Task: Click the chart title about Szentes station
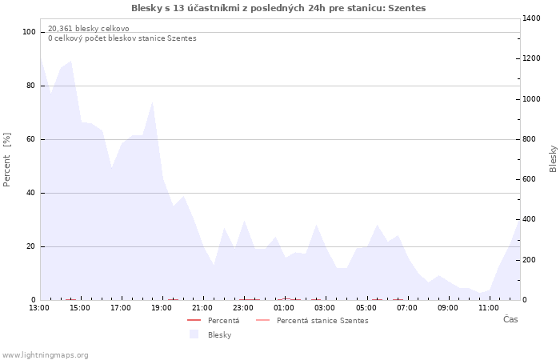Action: click(x=278, y=8)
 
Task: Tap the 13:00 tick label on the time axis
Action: click(x=39, y=307)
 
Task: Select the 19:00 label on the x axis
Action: click(x=162, y=307)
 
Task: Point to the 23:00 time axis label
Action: click(x=243, y=307)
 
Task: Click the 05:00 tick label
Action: click(x=366, y=307)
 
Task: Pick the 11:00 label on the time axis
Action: click(x=488, y=307)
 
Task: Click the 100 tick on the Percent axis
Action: click(x=30, y=32)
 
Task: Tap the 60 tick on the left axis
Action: click(x=32, y=139)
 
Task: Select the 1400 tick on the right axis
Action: click(x=534, y=18)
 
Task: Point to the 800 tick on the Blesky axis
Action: click(x=531, y=139)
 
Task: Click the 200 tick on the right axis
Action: click(x=531, y=260)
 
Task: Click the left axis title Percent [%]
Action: click(x=7, y=160)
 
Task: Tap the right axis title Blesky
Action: click(x=553, y=158)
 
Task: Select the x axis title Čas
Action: click(x=510, y=320)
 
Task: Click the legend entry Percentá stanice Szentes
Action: click(x=322, y=321)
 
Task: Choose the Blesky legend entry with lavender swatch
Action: click(x=219, y=335)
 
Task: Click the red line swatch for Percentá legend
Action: click(x=194, y=321)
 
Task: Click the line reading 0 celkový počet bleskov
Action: click(x=122, y=38)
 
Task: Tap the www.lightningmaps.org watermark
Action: click(x=46, y=355)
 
